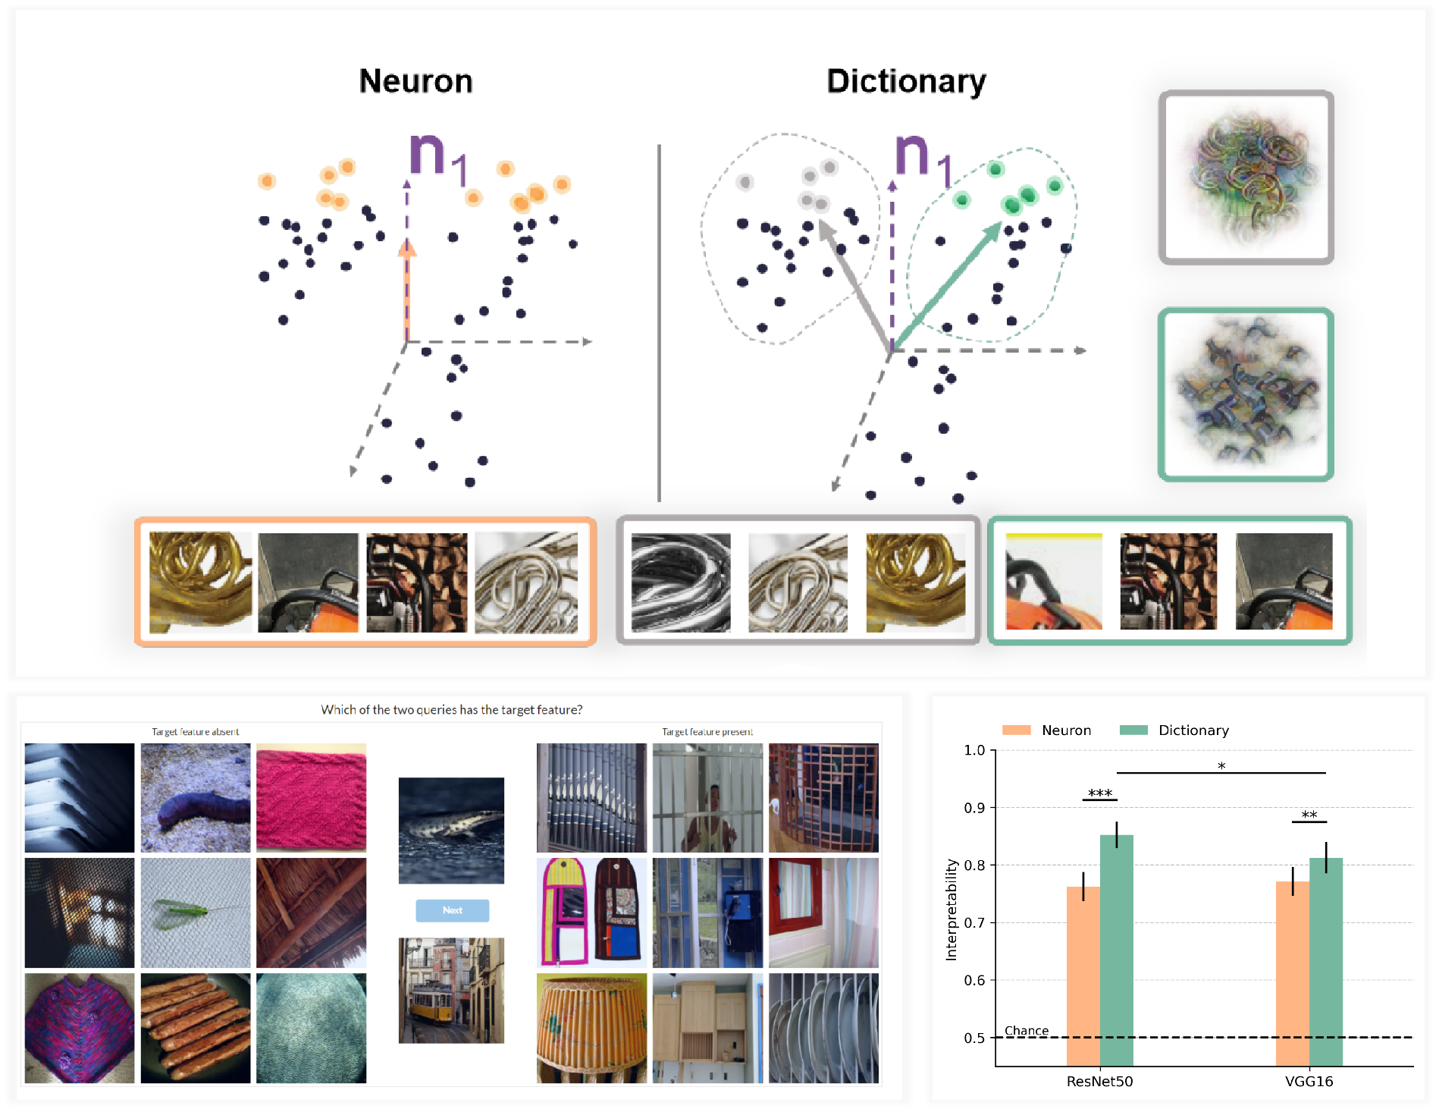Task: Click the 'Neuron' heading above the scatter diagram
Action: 415,81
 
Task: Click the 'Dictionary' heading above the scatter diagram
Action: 906,82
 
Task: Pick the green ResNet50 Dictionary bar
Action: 1117,950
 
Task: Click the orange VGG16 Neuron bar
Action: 1293,973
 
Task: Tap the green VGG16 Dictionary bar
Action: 1326,962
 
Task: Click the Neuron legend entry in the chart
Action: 1047,730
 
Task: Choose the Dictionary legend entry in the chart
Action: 1174,730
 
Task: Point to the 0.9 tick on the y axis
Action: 974,808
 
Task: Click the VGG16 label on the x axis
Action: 1309,1081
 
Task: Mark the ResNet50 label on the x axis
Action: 1099,1081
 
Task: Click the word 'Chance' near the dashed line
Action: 1027,1030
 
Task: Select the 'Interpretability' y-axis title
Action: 951,910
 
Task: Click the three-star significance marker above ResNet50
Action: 1099,793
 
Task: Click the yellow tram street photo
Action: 451,990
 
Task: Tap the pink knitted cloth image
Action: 311,797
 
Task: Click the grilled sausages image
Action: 195,1028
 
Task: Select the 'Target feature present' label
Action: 707,732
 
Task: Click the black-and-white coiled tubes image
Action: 681,583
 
